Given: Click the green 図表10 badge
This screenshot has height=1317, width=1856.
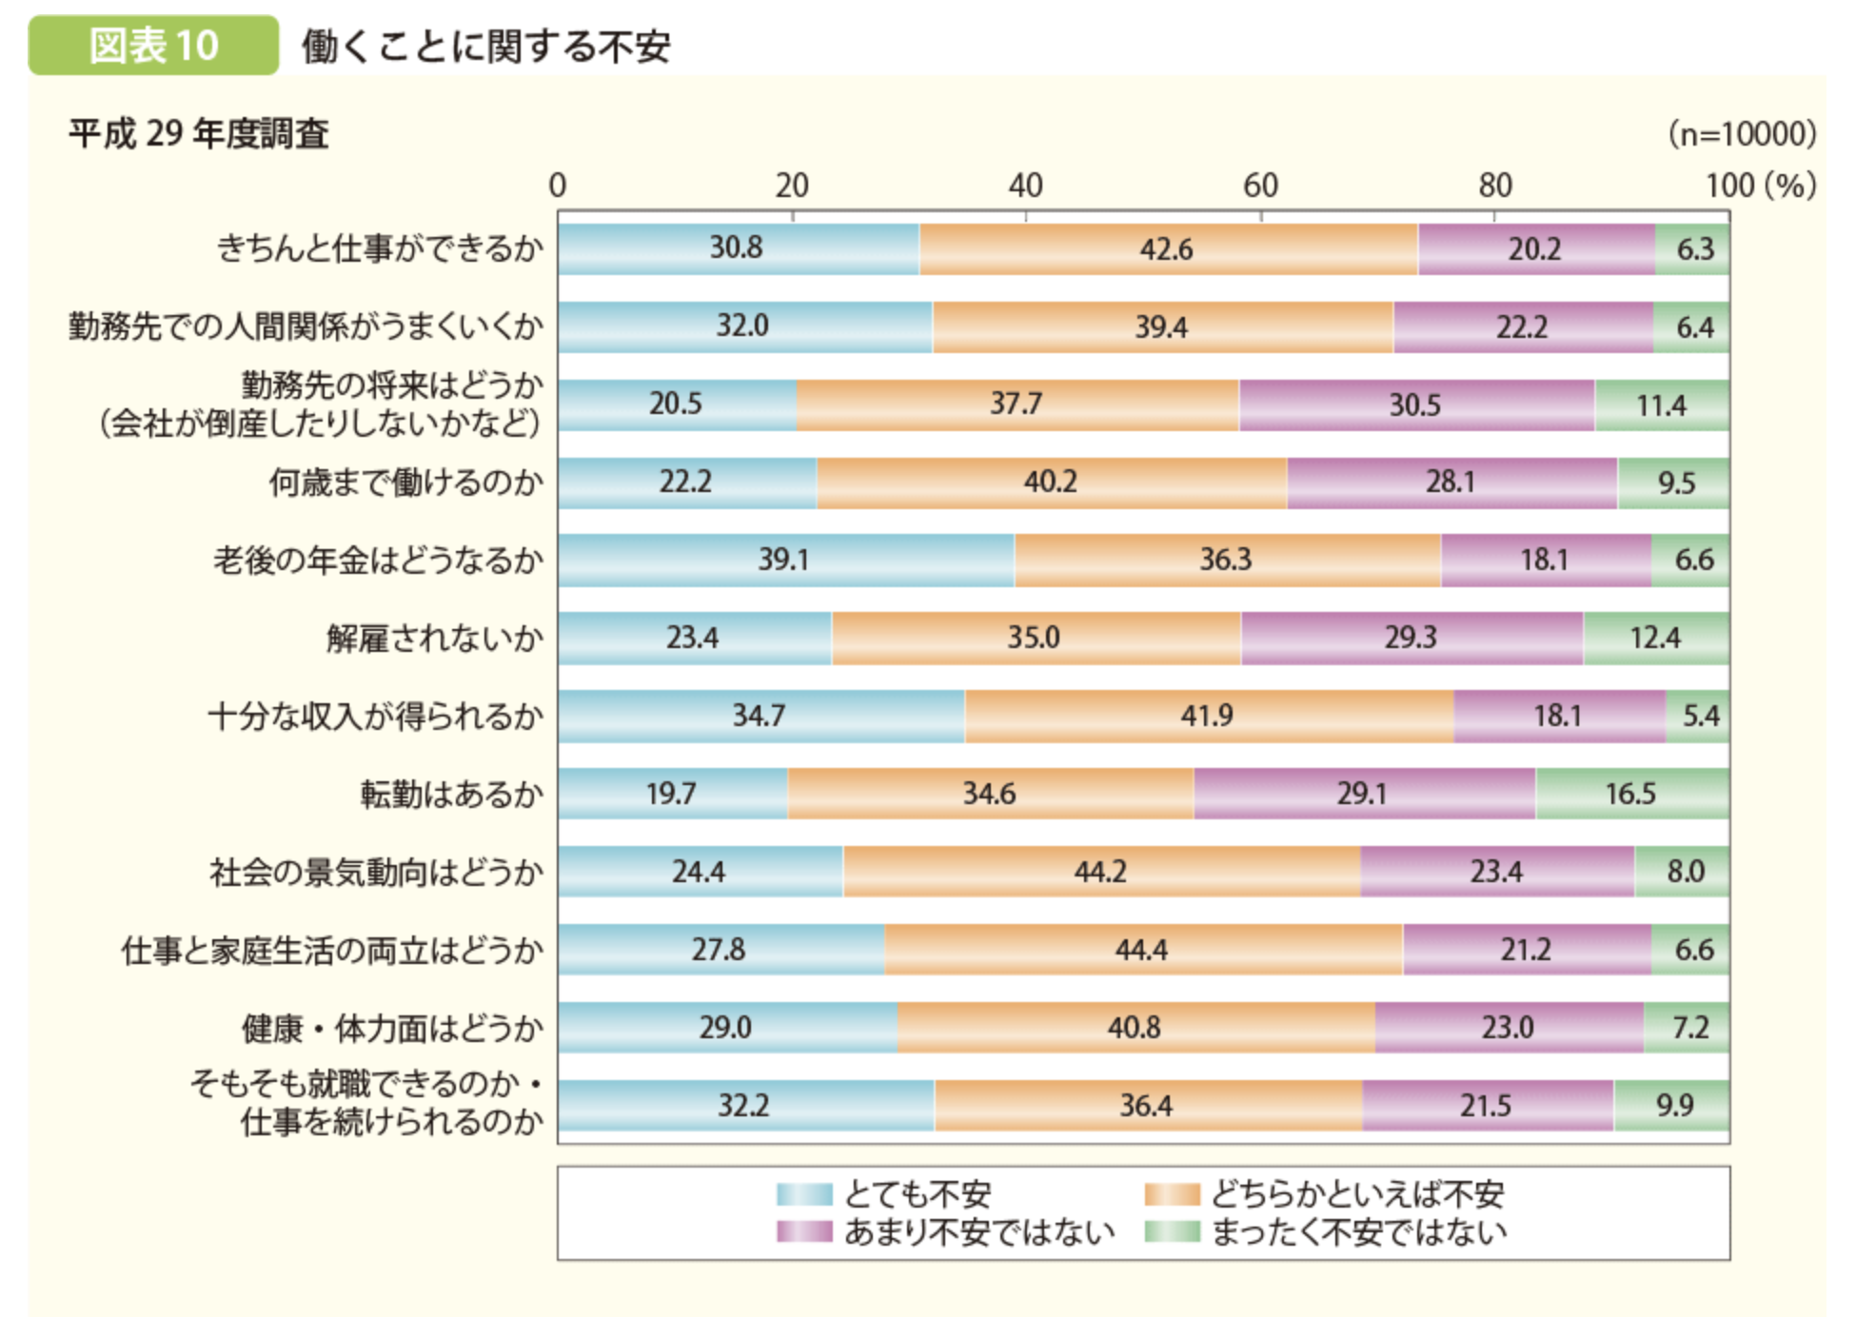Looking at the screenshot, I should [x=153, y=45].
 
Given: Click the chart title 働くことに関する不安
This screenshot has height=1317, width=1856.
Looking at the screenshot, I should [x=485, y=46].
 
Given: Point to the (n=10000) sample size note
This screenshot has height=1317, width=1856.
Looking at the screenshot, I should [x=1742, y=133].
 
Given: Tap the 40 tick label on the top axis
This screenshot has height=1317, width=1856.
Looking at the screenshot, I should [x=1025, y=185].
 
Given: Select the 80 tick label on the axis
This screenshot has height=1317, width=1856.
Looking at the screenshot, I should [x=1494, y=185].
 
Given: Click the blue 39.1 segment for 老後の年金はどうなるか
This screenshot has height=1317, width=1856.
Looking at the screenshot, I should [x=785, y=560].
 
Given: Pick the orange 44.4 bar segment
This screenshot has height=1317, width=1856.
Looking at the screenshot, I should [x=1142, y=949].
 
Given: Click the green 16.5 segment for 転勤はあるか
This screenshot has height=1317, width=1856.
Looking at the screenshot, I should [x=1631, y=793].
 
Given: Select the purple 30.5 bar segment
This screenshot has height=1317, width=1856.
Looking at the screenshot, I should [x=1415, y=404].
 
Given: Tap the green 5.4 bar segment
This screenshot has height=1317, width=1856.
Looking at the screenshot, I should [x=1698, y=715].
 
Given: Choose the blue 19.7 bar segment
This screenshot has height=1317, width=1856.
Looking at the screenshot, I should [x=672, y=793].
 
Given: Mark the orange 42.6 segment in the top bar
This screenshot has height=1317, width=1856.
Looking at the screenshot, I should [x=1167, y=248].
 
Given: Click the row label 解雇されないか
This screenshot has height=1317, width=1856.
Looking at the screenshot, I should [x=434, y=638].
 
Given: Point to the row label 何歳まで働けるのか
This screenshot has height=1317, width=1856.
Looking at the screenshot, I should [x=405, y=482].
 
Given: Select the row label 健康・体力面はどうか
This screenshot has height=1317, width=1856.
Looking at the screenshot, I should [x=392, y=1028].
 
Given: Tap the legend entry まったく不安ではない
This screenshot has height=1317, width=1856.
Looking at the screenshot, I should [x=1359, y=1231].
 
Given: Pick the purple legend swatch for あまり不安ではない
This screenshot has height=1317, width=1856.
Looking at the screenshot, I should [x=804, y=1231].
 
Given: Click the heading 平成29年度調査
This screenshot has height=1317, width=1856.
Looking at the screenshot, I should [x=198, y=133].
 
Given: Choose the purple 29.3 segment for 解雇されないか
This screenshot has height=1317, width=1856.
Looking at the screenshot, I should [x=1411, y=638].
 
